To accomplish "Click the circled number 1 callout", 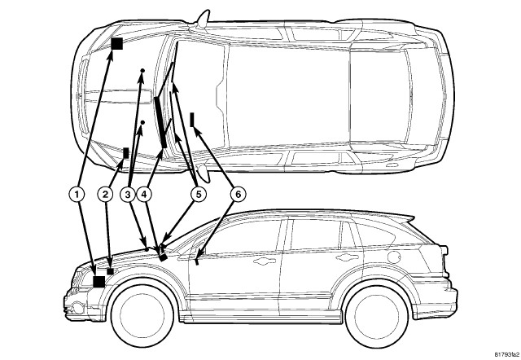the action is pos(77,194).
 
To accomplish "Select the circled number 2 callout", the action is pos(106,194).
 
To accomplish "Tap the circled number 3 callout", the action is pos(128,194).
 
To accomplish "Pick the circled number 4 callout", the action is pos(145,194).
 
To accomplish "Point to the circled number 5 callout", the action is pos(197,194).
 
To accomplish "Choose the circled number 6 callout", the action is pos(237,194).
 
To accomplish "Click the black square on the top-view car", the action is pos(117,44).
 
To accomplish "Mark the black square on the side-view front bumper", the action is pos(99,281).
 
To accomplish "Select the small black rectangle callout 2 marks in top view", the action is pos(125,152).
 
